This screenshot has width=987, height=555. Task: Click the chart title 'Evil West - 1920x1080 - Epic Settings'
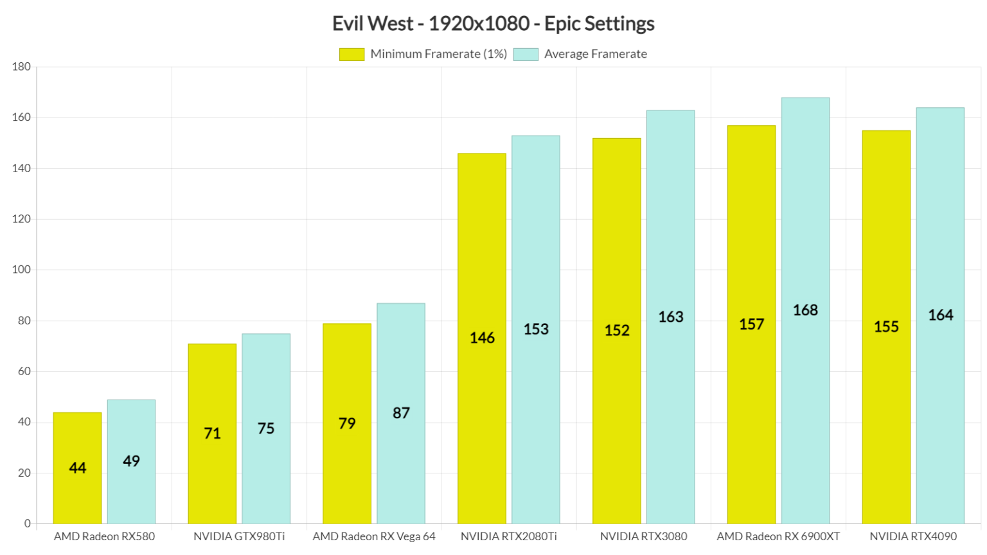coord(493,24)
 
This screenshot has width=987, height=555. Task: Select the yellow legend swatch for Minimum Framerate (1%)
coord(351,55)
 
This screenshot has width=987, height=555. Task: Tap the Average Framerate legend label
coord(595,55)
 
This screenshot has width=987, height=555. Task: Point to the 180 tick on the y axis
coord(21,67)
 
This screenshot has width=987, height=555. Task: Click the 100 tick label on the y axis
coord(21,270)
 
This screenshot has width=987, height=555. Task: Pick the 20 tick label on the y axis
coord(24,473)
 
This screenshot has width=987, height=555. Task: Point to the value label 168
coord(805,310)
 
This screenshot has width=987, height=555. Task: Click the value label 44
coord(77,468)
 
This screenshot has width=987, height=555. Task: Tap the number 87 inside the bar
coord(401,413)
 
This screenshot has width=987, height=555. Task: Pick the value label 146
coord(482,338)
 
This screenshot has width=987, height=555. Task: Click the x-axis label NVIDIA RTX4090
coord(913,536)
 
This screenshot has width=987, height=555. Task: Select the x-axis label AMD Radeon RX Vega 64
coord(374,536)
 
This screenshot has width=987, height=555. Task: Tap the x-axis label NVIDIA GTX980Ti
coord(239,536)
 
